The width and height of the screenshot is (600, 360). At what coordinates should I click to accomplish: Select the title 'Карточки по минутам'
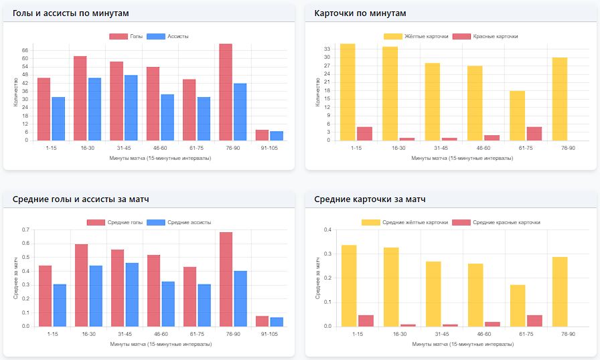click(360, 13)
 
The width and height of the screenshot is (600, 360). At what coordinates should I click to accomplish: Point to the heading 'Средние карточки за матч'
click(370, 199)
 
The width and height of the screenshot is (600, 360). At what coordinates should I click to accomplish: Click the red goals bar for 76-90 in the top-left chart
click(226, 92)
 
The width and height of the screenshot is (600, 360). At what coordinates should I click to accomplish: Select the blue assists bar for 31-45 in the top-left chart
click(131, 108)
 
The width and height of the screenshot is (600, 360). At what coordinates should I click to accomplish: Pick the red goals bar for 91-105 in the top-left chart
click(262, 135)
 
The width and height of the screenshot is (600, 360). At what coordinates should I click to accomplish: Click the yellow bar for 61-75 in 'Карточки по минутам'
click(517, 116)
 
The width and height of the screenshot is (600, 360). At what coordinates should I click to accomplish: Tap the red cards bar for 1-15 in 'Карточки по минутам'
click(364, 134)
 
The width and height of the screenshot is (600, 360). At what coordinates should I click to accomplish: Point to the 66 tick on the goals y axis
click(25, 50)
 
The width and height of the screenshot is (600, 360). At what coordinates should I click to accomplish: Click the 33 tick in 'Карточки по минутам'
click(328, 49)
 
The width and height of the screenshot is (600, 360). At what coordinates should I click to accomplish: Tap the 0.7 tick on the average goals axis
click(26, 230)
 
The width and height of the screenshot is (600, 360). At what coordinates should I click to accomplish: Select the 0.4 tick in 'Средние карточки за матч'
click(328, 230)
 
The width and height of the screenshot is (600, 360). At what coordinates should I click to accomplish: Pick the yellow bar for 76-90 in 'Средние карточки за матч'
click(560, 292)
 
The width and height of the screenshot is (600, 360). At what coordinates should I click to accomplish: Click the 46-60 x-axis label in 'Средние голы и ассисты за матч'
click(153, 333)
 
